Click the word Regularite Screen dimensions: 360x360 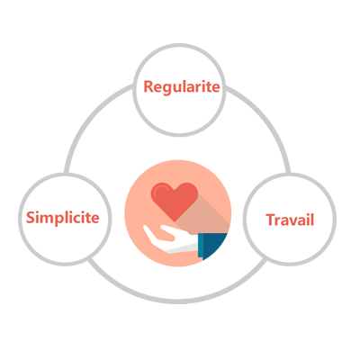[182, 87]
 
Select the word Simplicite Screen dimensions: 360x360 [63, 218]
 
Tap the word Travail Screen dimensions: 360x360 [290, 220]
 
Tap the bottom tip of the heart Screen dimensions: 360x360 [175, 221]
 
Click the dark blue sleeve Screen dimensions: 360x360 [215, 245]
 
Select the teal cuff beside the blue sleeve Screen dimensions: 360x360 [200, 245]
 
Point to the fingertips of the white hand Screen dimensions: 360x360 [146, 229]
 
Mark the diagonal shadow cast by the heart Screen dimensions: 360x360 [204, 216]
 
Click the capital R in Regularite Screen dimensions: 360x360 [148, 86]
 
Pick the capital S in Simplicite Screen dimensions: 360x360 [31, 217]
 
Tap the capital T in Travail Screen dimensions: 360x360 [271, 220]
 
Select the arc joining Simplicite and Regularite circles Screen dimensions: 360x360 [90, 120]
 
